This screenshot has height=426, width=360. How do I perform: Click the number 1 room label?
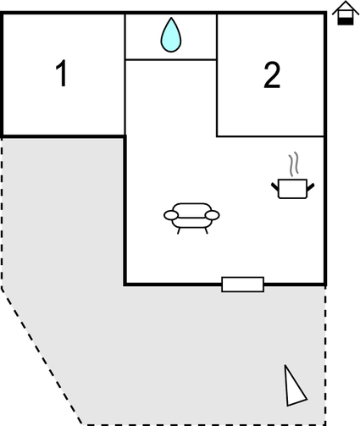pos(61,73)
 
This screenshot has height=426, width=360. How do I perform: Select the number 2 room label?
pos(272,75)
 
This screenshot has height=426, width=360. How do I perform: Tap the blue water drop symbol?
pos(171,35)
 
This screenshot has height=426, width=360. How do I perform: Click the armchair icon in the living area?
pos(191,219)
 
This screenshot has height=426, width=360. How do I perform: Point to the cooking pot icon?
pos(292,189)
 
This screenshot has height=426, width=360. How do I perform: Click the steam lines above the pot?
pos(293,163)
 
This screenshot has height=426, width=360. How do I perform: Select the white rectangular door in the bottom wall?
pos(242,285)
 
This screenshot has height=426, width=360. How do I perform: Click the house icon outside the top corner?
pos(346,14)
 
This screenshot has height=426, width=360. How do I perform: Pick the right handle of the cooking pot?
pos(311,186)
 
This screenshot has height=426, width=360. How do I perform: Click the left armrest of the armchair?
pos(171,215)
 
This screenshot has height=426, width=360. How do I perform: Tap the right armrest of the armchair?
pos(213,215)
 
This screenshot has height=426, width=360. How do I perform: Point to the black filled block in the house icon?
pos(346,21)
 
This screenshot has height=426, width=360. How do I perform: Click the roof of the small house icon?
pos(346,7)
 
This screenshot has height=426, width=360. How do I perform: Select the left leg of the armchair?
pos(179,230)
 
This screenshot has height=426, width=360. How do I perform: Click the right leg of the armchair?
pos(206,230)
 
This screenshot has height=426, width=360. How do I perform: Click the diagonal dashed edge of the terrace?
pos(42,357)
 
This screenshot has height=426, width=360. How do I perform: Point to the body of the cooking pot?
pos(292,189)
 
